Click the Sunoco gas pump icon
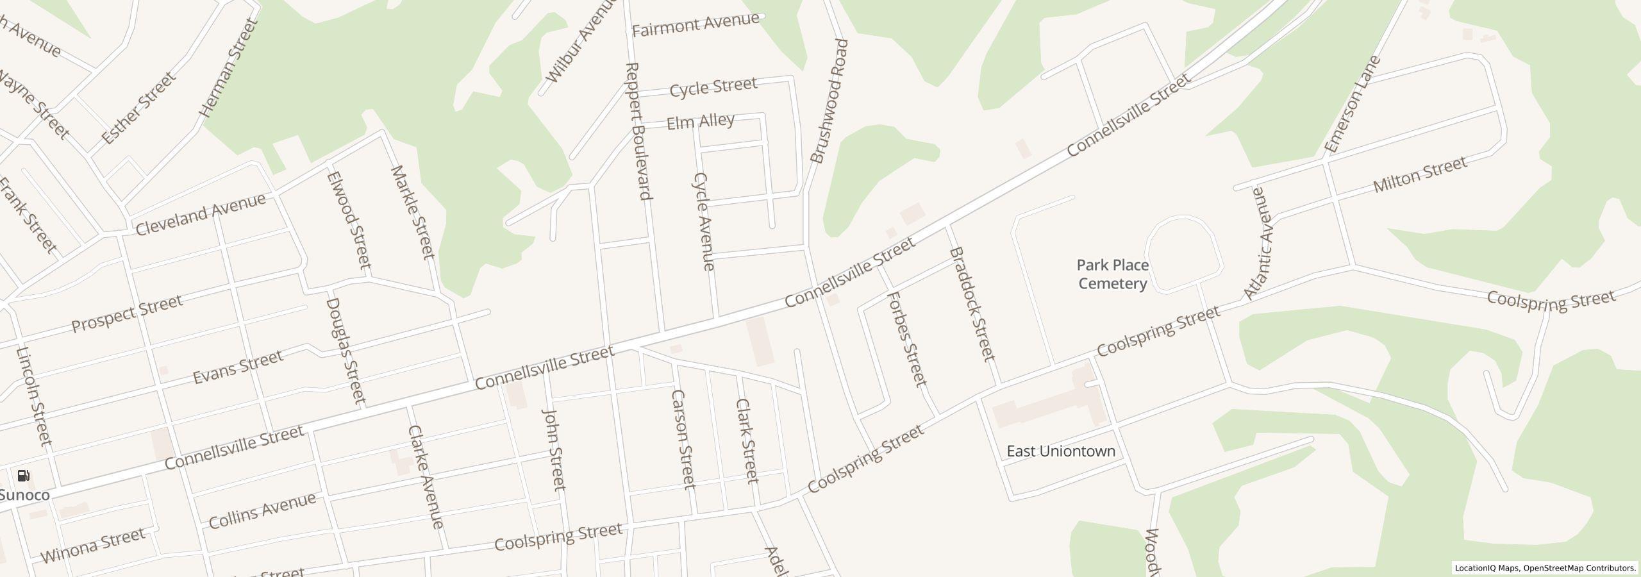[24, 476]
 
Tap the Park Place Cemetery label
[1112, 274]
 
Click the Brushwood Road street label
[829, 101]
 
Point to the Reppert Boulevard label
[640, 131]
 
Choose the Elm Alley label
[701, 122]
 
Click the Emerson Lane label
[1352, 105]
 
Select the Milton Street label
[1419, 175]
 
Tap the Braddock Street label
[972, 304]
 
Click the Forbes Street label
[908, 339]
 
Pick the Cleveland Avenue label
[200, 214]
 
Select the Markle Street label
[413, 212]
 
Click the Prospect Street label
[127, 314]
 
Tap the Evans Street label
[238, 367]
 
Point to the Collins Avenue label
[263, 510]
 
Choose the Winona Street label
[93, 546]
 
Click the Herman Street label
[228, 68]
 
